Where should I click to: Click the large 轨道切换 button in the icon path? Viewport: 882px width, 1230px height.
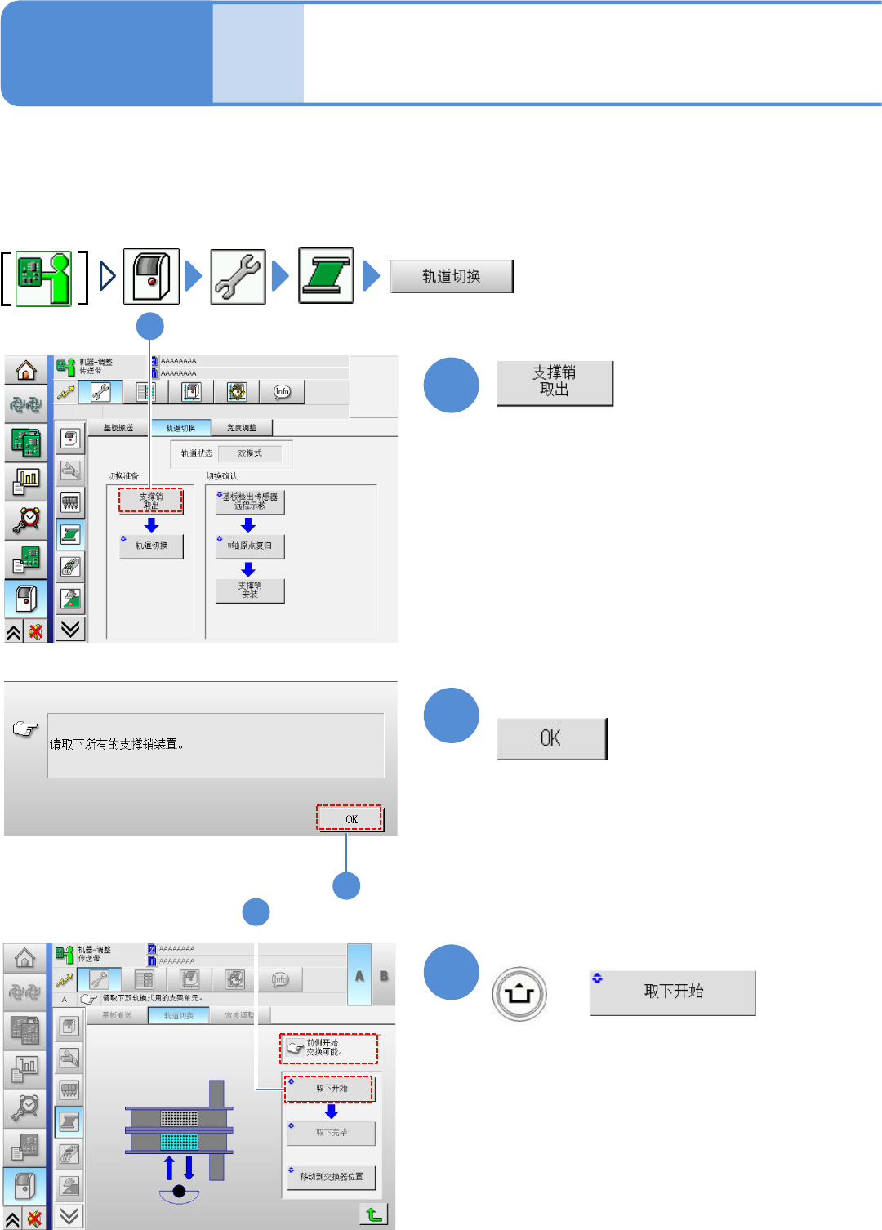click(451, 276)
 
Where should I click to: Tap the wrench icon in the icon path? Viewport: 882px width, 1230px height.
click(238, 277)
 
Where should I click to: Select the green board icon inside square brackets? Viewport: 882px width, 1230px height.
click(44, 279)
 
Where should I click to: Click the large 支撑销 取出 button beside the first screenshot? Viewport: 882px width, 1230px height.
click(555, 382)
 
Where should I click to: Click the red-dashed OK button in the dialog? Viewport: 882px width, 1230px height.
click(350, 818)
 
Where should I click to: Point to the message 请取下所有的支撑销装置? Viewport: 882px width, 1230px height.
click(118, 744)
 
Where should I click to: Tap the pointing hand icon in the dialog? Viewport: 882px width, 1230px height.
click(25, 729)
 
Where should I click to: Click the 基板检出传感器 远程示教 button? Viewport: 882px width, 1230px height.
click(250, 501)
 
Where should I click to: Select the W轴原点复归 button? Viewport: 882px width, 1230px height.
click(250, 546)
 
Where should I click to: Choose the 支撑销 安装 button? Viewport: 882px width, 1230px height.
click(250, 590)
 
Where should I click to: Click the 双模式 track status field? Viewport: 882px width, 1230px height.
click(250, 453)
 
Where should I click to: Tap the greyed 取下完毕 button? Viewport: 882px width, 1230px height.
click(331, 1133)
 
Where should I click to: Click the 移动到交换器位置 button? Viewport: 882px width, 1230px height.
click(331, 1177)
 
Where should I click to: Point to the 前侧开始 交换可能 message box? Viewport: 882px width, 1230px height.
click(329, 1048)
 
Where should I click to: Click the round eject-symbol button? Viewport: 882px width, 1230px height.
click(519, 994)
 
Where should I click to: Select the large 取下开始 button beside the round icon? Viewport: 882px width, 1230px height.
click(672, 992)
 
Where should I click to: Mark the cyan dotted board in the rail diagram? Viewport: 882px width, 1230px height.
click(179, 1141)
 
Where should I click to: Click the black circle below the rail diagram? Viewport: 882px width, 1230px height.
click(179, 1191)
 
